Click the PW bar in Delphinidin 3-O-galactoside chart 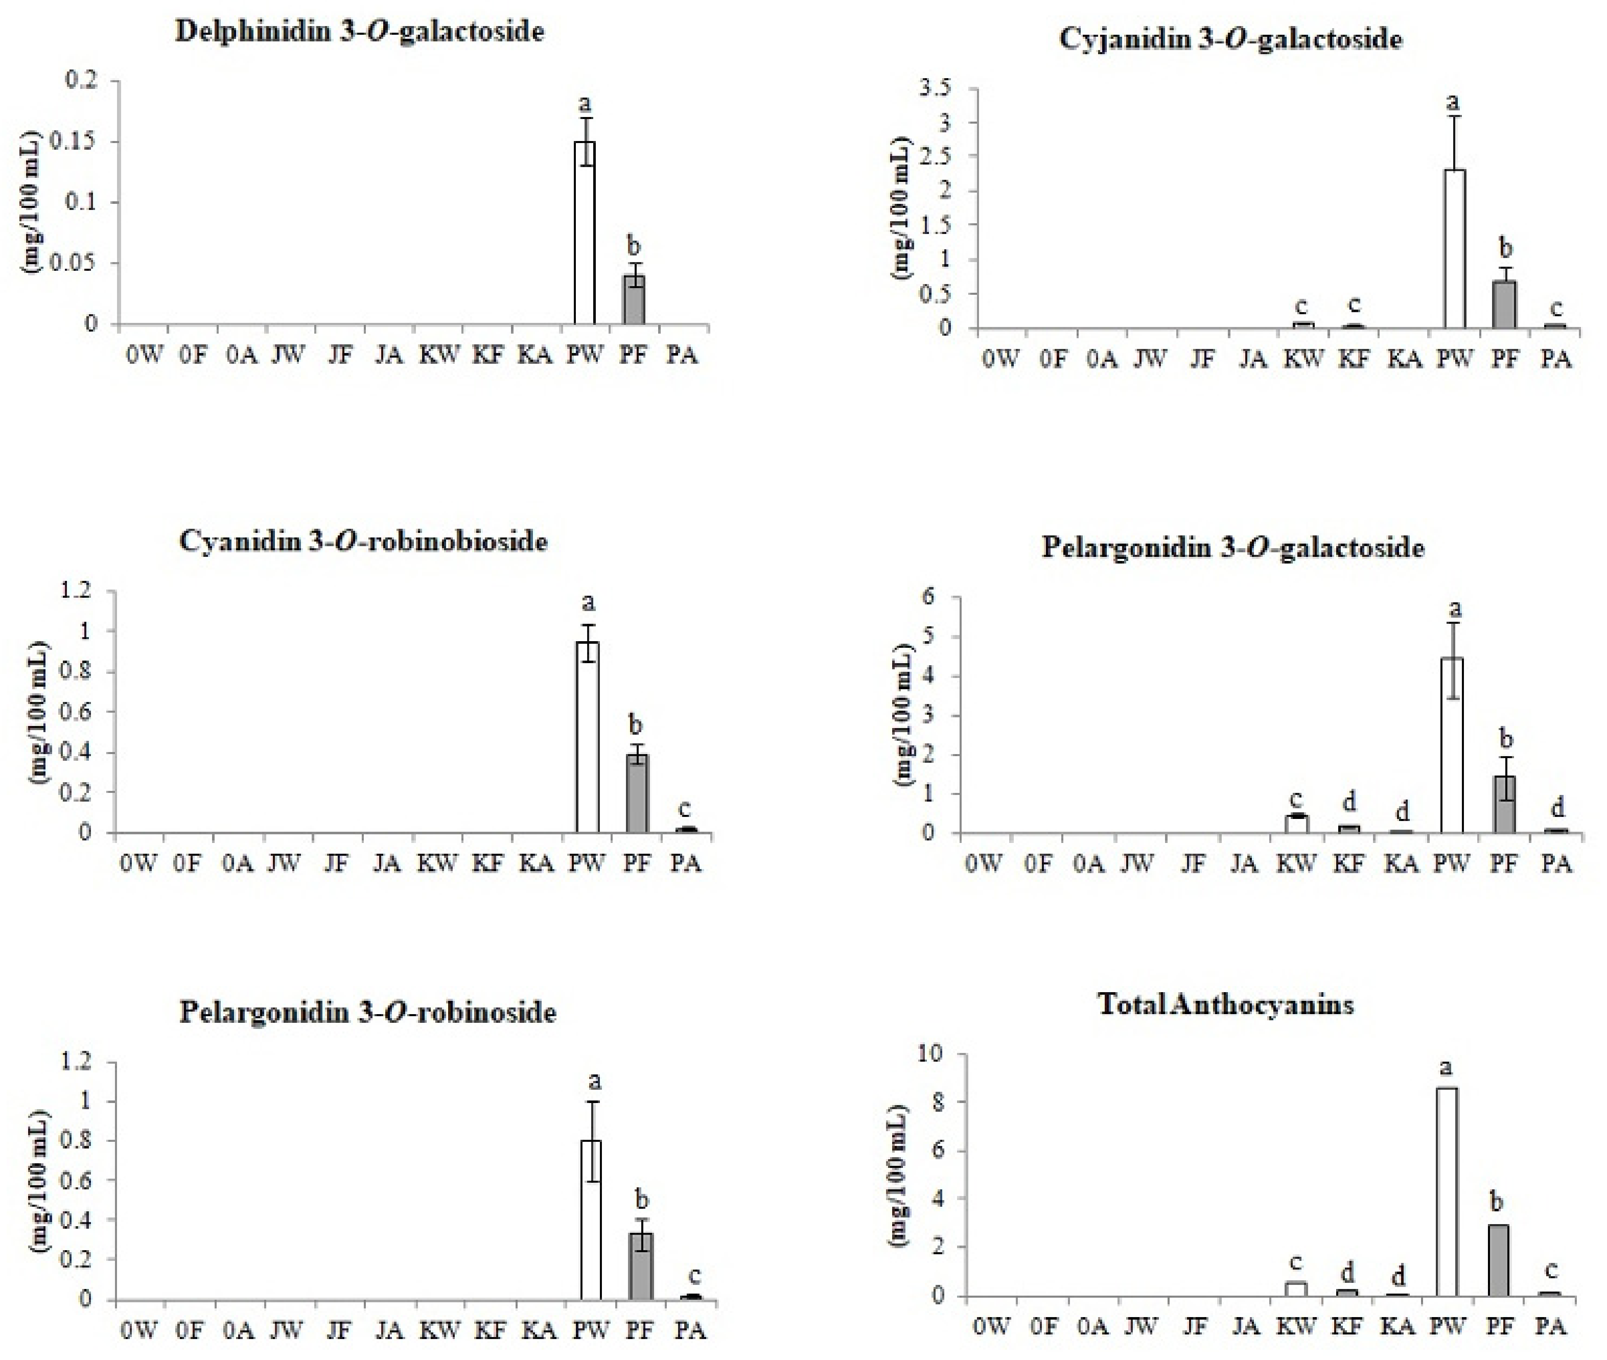[x=585, y=233]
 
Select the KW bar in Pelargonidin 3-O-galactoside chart [x=1296, y=824]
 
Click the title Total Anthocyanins [x=1225, y=1004]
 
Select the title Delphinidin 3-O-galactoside [x=359, y=32]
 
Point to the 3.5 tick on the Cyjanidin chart [x=936, y=89]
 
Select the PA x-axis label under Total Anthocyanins [x=1549, y=1328]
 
